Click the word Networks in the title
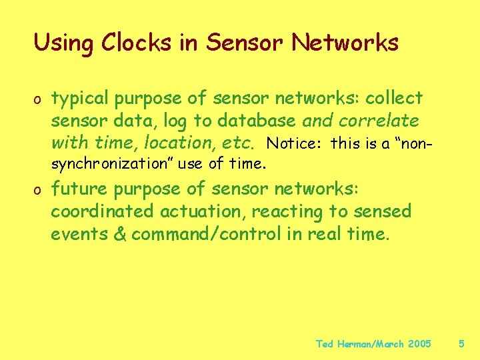(x=345, y=43)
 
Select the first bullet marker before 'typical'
(x=39, y=100)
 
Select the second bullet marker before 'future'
(x=39, y=191)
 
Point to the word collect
(x=394, y=99)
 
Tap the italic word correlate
(x=380, y=121)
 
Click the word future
(x=80, y=189)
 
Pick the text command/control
(x=195, y=235)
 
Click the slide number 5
(x=461, y=344)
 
